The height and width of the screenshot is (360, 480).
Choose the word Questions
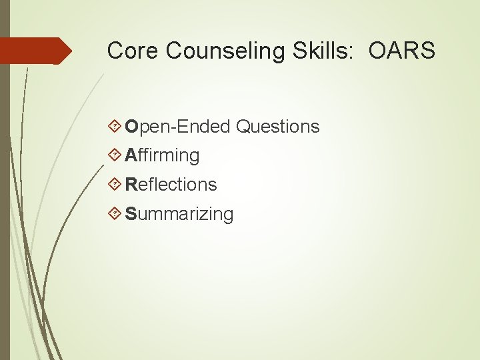coord(278,127)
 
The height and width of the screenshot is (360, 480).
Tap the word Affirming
coord(162,156)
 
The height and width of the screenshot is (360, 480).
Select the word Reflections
coord(171,185)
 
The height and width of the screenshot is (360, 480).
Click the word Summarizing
coord(179,214)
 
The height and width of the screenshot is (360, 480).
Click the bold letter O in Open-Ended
coord(131,127)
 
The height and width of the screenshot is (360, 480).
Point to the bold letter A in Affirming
coord(131,156)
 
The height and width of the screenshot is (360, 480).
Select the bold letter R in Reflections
coord(131,185)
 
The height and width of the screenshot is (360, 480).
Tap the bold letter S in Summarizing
coord(131,214)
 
